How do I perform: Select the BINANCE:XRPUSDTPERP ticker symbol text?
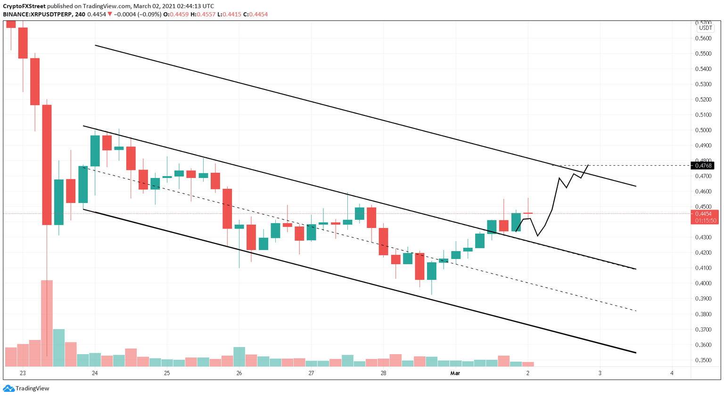point(37,15)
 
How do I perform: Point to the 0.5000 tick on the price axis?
point(703,130)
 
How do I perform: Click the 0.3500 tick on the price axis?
point(703,360)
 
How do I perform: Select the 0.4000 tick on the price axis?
point(703,284)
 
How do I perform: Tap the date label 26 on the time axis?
point(239,373)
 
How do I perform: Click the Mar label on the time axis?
point(455,373)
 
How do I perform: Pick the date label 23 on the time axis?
point(23,373)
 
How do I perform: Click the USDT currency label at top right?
point(705,28)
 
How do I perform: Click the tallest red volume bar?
point(47,323)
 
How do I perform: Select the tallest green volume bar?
point(59,348)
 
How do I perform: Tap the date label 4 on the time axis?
point(672,373)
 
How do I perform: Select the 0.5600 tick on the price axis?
point(703,38)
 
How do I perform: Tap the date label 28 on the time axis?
point(383,373)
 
